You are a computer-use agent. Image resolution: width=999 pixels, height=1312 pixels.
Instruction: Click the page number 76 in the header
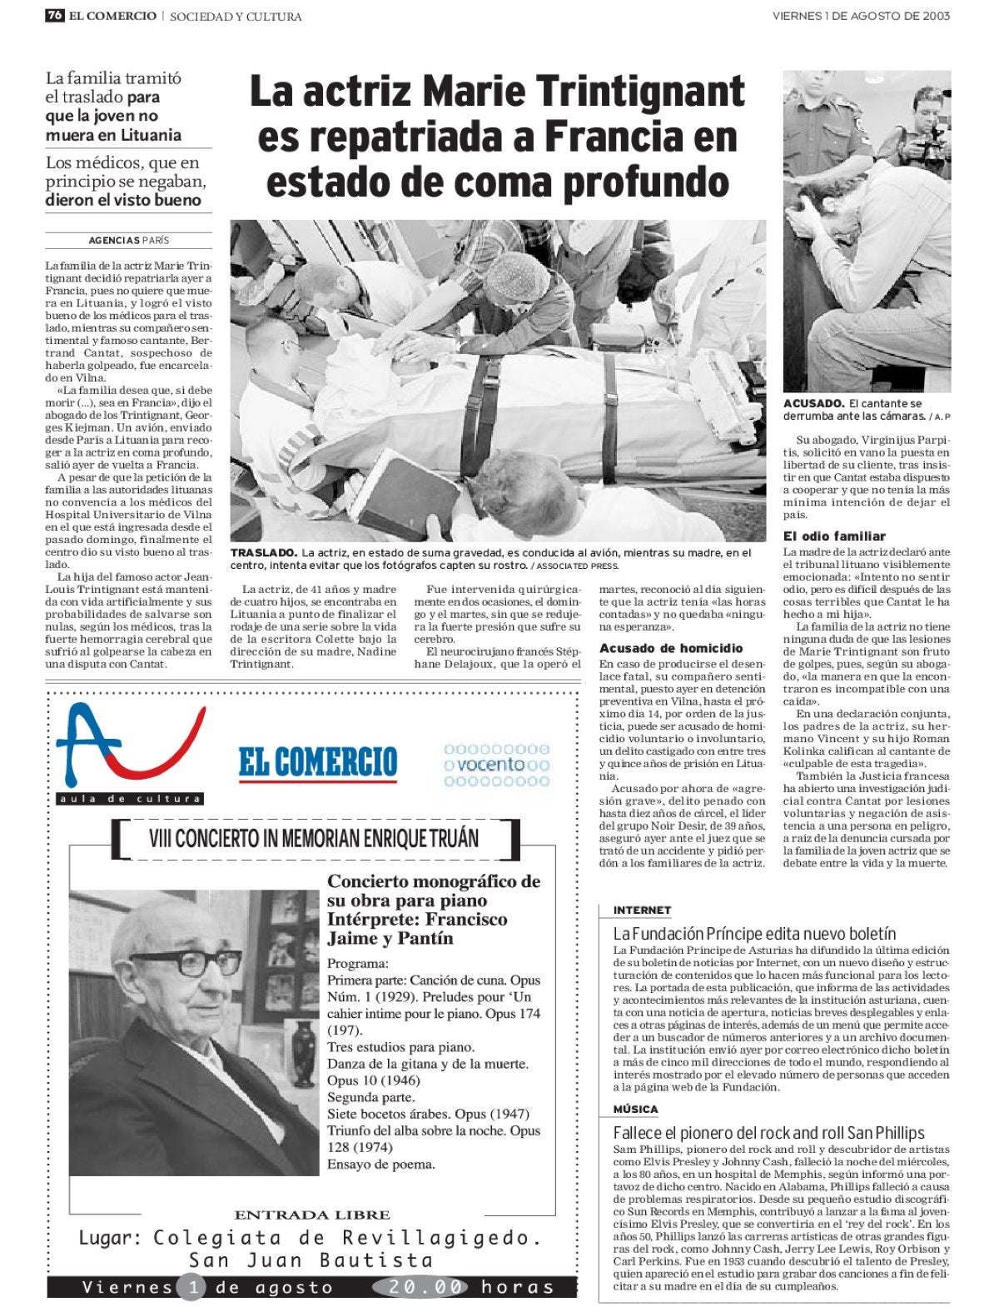(x=55, y=16)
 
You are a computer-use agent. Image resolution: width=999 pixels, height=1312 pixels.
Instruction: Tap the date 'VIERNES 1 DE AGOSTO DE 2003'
(x=861, y=16)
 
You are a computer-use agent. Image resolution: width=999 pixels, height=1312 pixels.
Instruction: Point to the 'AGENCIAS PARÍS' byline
(x=128, y=240)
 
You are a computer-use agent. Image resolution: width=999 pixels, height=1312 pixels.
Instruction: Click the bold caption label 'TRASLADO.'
(x=263, y=552)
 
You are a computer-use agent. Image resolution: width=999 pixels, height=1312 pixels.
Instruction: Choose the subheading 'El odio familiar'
(x=834, y=536)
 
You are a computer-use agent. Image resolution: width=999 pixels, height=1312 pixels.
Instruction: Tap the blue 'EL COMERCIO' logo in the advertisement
(x=318, y=762)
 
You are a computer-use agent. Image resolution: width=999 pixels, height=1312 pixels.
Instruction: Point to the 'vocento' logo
(x=497, y=764)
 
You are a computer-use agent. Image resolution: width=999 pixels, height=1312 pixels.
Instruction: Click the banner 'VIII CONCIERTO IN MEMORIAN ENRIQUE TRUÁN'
(x=314, y=838)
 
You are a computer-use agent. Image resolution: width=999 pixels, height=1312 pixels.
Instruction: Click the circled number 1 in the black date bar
(x=191, y=1287)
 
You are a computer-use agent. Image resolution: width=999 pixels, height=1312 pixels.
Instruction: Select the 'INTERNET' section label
(x=642, y=910)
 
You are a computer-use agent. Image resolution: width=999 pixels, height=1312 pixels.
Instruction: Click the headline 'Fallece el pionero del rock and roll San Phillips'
(x=768, y=1133)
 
